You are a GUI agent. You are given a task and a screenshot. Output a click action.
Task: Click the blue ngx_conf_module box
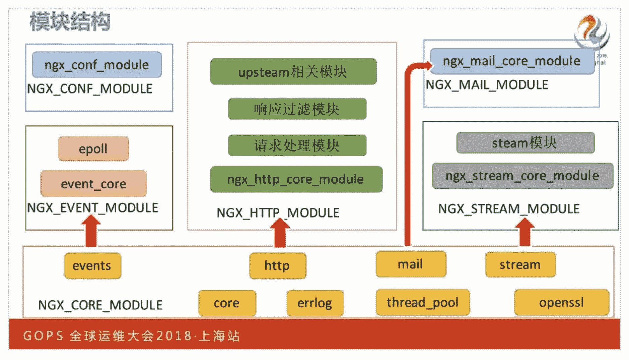pos(97,64)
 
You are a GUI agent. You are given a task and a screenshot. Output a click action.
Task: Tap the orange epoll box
pos(93,148)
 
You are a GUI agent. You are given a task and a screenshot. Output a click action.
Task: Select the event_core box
pos(93,183)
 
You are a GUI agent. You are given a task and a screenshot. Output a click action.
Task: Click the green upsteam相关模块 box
pos(293,71)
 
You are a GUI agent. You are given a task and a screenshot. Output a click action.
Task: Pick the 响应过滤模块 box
pos(297,109)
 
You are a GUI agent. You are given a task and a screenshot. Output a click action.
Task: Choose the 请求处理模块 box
pos(297,145)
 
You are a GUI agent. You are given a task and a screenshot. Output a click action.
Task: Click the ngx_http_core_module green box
pos(296,179)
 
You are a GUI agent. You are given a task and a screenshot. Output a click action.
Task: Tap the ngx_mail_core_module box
pos(511,61)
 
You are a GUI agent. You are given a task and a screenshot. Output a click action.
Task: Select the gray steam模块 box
pos(525,143)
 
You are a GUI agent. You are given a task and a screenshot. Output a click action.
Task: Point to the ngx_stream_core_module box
pos(522,176)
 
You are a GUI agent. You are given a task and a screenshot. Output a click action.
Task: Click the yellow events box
pos(92,265)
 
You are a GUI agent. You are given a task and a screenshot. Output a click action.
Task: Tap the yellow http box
pos(277,265)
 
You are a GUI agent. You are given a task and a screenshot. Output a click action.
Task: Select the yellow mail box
pos(411,264)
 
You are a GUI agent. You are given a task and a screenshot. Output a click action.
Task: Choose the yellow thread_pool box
pos(422,302)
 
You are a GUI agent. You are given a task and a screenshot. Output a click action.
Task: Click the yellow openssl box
pos(561,302)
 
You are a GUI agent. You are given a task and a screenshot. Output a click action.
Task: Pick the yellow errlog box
pos(315,303)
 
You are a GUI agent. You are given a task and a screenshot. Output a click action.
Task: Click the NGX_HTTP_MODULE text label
pos(278,213)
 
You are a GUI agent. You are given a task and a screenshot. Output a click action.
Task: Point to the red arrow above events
pos(91,231)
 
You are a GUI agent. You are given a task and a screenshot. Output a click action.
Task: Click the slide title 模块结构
pos(70,22)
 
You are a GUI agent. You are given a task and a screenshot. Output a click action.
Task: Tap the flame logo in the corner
pos(592,32)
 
